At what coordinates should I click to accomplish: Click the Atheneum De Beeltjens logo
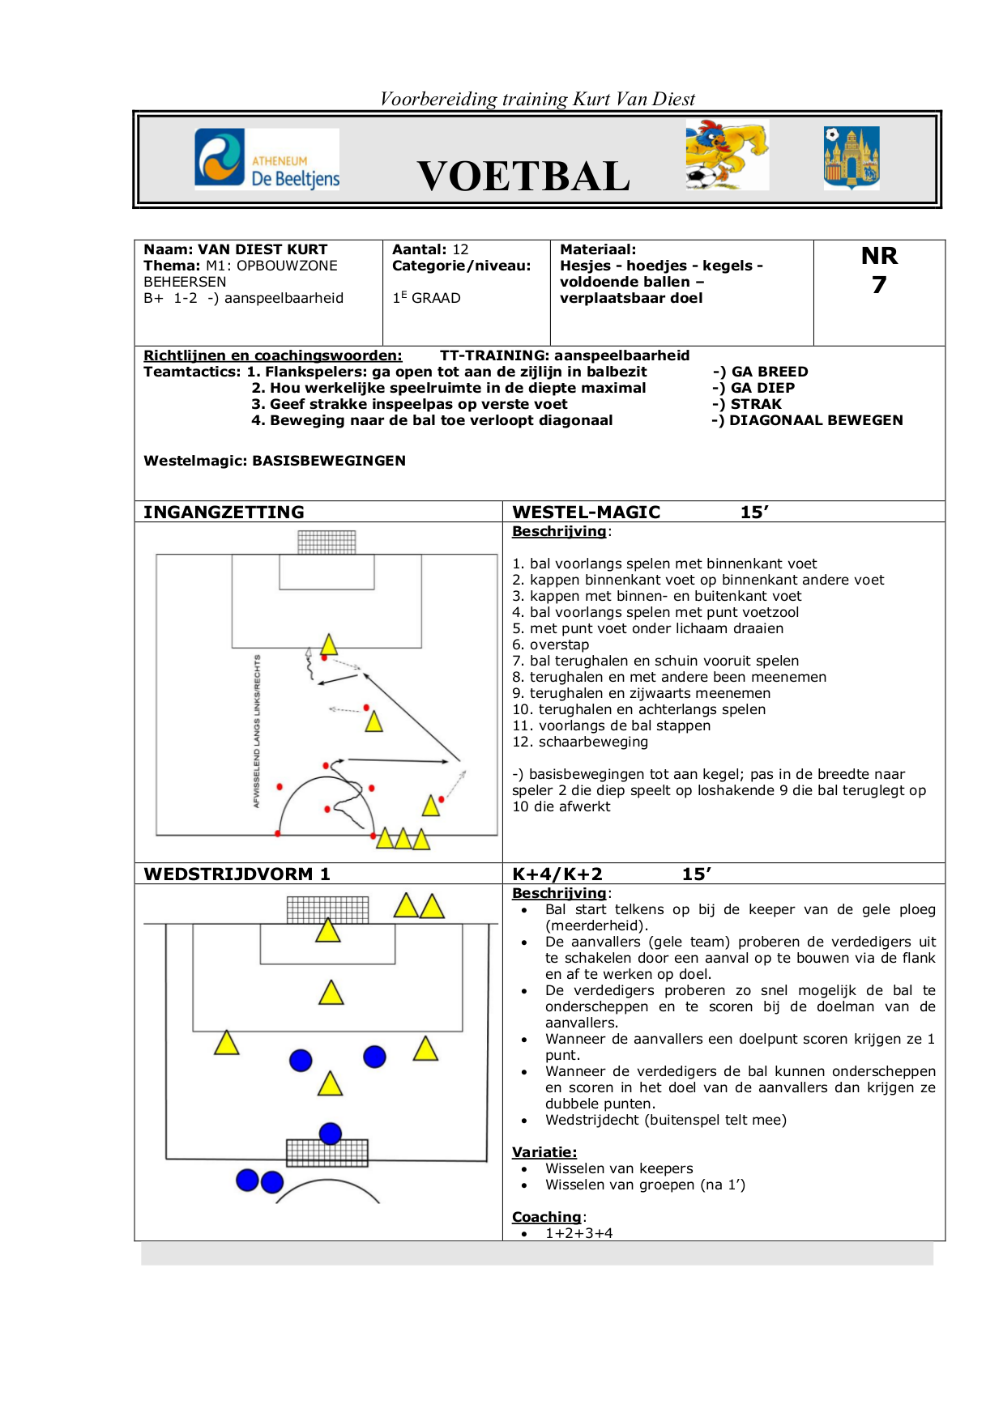click(267, 159)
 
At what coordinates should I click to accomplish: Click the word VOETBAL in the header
click(523, 177)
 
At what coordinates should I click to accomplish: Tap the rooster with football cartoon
click(726, 155)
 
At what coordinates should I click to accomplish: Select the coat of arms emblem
click(851, 158)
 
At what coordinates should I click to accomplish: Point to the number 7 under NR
click(879, 285)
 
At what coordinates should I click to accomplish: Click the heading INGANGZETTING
click(224, 512)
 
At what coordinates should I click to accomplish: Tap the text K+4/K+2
click(557, 874)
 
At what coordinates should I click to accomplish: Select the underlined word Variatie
click(544, 1152)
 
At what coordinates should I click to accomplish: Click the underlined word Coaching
click(546, 1217)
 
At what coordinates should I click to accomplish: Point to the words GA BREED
click(769, 372)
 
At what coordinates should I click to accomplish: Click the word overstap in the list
click(559, 645)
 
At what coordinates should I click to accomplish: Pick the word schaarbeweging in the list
click(593, 742)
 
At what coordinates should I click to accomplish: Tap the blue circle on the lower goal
click(331, 1134)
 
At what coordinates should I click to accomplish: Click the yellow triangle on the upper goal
click(328, 931)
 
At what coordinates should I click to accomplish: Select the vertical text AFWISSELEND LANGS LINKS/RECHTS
click(257, 731)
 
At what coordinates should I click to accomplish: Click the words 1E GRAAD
click(426, 298)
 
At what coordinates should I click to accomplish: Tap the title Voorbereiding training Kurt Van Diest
click(537, 99)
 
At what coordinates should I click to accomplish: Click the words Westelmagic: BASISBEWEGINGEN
click(275, 461)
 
